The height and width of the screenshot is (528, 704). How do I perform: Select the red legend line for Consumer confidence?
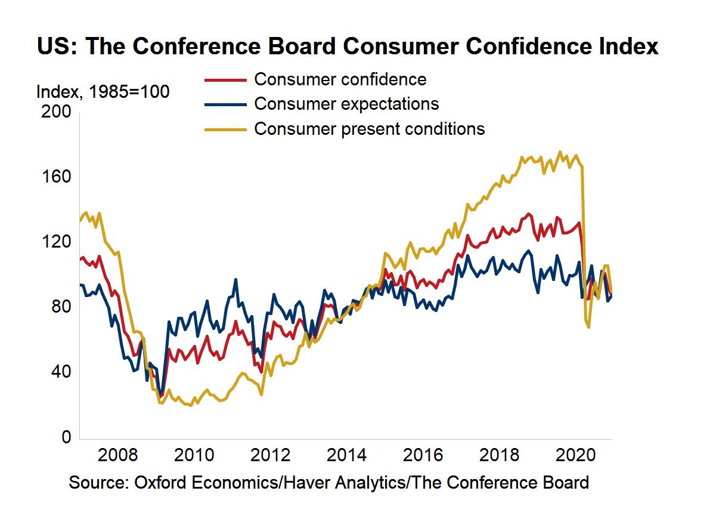pyautogui.click(x=225, y=79)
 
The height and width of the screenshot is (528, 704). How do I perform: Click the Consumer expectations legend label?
pyautogui.click(x=346, y=104)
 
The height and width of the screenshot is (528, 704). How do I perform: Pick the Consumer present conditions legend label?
pyautogui.click(x=369, y=128)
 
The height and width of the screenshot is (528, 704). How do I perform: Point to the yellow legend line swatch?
pyautogui.click(x=225, y=129)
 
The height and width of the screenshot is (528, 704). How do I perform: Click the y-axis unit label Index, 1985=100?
pyautogui.click(x=103, y=92)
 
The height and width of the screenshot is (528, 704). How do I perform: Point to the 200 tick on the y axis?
pyautogui.click(x=56, y=112)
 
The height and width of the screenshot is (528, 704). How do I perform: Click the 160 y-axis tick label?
pyautogui.click(x=56, y=177)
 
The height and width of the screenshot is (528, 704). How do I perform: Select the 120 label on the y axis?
pyautogui.click(x=56, y=242)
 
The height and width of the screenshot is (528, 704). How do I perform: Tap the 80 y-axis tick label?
pyautogui.click(x=60, y=307)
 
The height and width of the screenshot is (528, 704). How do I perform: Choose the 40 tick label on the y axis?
pyautogui.click(x=60, y=372)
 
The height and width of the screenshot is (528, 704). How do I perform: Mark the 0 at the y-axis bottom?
pyautogui.click(x=66, y=437)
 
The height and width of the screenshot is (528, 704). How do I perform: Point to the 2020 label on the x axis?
pyautogui.click(x=576, y=456)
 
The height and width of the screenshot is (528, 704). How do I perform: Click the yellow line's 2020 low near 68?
pyautogui.click(x=588, y=327)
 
